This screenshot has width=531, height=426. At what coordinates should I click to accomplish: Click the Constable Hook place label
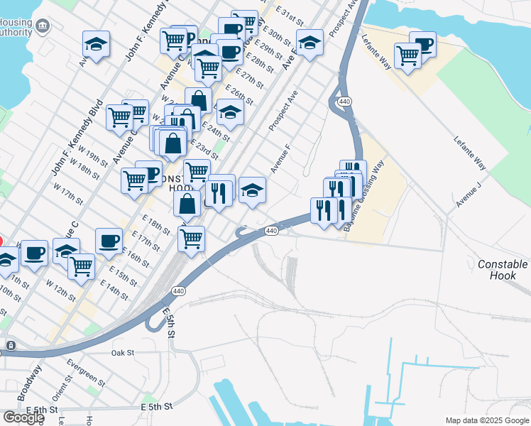(503, 270)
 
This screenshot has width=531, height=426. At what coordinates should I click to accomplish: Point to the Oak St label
(123, 352)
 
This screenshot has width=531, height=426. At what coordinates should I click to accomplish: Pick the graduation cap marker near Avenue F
(252, 190)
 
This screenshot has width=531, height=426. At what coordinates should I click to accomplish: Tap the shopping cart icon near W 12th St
(82, 266)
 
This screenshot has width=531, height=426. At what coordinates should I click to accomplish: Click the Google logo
(23, 417)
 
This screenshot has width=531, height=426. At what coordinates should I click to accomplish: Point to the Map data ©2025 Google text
(486, 420)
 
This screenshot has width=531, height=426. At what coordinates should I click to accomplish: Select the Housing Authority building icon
(43, 26)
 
